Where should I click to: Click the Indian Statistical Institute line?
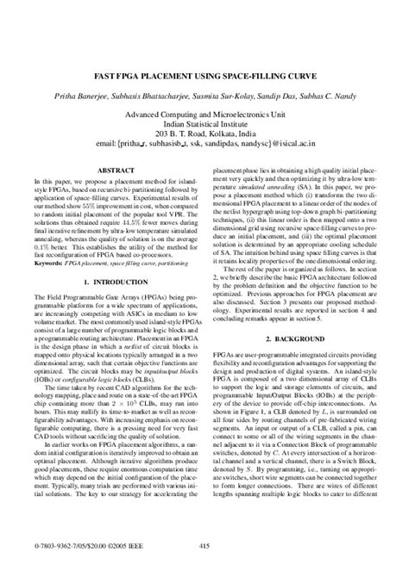tap(204, 124)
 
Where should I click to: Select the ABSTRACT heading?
tap(105, 171)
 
